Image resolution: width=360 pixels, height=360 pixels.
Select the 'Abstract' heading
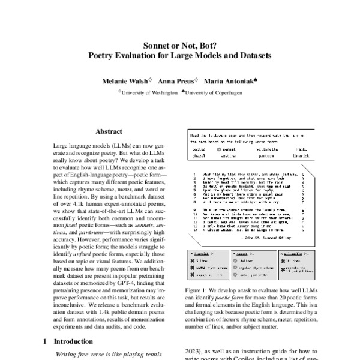[x=110, y=130]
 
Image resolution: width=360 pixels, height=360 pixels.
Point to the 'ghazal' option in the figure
[x=200, y=154]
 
